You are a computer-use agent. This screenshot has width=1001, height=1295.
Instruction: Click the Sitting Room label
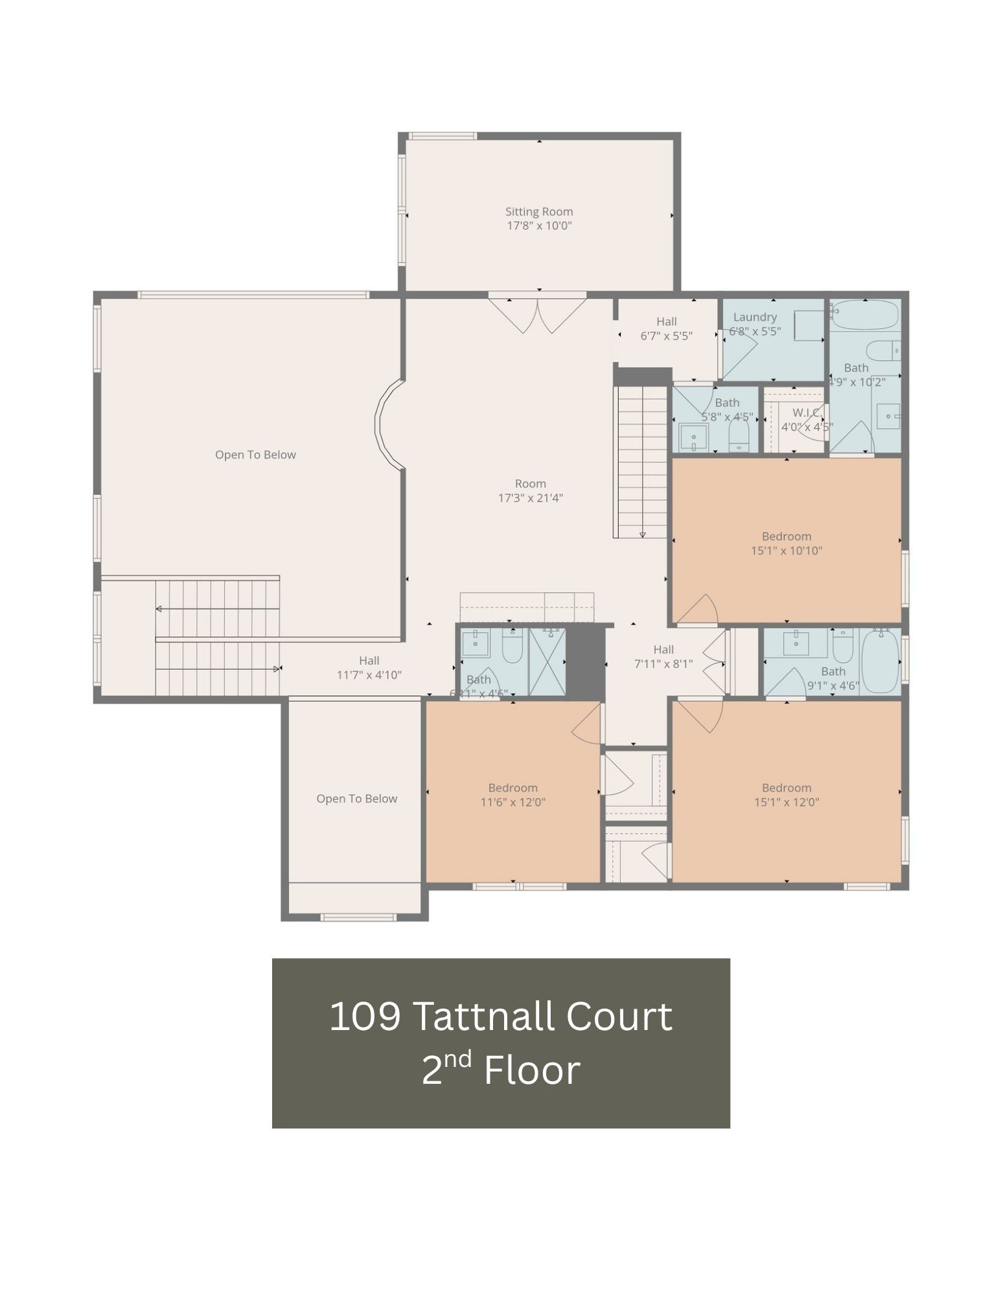(x=538, y=212)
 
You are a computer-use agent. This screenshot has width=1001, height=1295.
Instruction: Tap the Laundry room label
(x=754, y=317)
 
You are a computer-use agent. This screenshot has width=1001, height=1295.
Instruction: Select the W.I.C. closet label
(x=807, y=413)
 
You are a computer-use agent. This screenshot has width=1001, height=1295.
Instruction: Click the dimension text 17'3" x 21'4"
(x=530, y=498)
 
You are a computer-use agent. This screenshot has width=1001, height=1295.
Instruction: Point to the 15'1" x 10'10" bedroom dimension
(x=786, y=551)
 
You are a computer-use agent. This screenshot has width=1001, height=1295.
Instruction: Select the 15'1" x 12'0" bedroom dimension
(x=786, y=802)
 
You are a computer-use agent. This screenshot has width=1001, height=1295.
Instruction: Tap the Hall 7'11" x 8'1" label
(x=663, y=656)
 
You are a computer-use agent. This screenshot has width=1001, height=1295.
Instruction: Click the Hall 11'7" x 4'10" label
(x=369, y=667)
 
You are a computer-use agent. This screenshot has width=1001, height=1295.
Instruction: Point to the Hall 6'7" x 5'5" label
(x=666, y=328)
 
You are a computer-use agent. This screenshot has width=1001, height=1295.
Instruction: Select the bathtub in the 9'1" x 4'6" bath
(x=880, y=661)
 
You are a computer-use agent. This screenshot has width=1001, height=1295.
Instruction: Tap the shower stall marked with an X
(x=547, y=661)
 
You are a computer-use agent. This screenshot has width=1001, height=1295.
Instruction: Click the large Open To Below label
(x=255, y=455)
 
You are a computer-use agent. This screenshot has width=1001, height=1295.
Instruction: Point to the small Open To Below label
(x=356, y=799)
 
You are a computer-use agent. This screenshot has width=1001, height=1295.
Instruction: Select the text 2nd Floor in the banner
(x=500, y=1070)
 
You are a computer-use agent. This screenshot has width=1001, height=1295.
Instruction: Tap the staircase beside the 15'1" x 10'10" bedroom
(x=641, y=462)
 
